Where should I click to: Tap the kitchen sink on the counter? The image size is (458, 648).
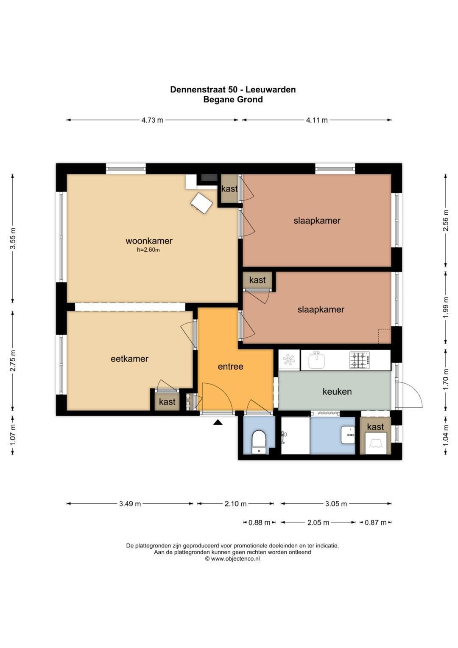pos(317,360)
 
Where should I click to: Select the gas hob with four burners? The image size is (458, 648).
pos(360,360)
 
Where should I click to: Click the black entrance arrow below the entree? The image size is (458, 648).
pos(218,423)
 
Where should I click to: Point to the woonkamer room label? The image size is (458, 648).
pos(149,241)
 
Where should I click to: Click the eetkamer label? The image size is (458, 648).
pos(129,359)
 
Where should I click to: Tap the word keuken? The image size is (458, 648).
pos(337,391)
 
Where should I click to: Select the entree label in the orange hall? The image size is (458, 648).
pos(230,367)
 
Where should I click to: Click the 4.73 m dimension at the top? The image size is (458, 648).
pos(152,120)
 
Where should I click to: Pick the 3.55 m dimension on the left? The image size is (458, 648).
pos(13,238)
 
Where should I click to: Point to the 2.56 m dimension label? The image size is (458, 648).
pos(446,220)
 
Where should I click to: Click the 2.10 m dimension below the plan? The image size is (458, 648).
pos(236,504)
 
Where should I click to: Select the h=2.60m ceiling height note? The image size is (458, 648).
pos(148,250)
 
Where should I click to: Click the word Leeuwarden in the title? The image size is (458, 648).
pos(271,90)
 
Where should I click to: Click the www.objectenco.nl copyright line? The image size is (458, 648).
pos(232,558)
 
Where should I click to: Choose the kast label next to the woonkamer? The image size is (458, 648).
pos(229,188)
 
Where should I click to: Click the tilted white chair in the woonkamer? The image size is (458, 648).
pos(202,203)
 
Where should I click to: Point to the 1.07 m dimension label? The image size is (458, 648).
pos(13,435)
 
